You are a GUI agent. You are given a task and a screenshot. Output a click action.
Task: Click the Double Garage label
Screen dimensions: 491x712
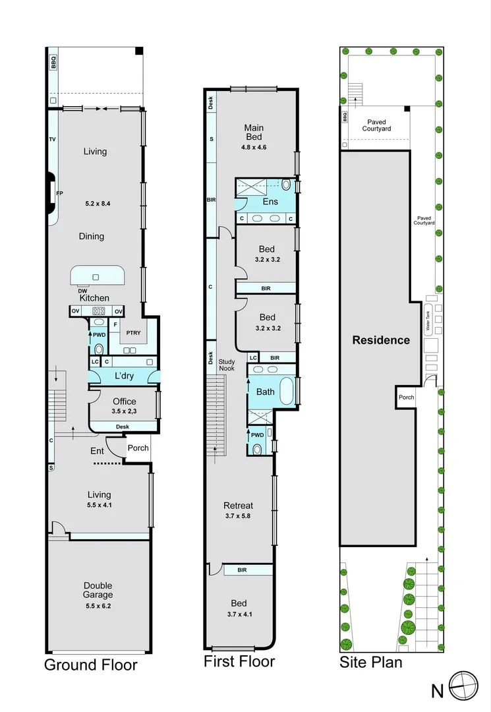coord(98,590)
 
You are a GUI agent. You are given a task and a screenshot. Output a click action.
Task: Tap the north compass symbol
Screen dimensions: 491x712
coord(463,686)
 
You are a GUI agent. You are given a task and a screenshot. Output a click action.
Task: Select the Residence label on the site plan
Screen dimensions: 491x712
coord(381,340)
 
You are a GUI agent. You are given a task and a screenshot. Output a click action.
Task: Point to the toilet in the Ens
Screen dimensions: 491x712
coord(286,185)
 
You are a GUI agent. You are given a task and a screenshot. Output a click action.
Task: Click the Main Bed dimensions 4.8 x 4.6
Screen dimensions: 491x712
coord(254,147)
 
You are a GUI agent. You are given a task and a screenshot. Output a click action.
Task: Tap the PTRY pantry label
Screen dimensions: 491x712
coord(133,333)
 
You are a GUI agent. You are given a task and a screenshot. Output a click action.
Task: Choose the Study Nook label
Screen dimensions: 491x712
coord(227,365)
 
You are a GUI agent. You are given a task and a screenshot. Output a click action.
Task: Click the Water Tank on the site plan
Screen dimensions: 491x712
coord(428,320)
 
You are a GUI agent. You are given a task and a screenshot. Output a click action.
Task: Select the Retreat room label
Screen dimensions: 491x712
coord(238,506)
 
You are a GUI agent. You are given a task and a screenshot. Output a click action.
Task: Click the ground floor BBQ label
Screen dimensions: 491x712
coord(53,62)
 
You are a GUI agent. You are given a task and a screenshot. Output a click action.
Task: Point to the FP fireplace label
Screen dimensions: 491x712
coord(59,193)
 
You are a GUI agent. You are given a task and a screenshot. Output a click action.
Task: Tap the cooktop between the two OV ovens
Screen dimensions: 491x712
coord(98,311)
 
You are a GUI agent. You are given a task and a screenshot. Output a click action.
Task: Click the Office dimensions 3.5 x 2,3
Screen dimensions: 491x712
coord(125,411)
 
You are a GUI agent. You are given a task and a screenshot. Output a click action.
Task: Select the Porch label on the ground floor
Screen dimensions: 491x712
coord(138,448)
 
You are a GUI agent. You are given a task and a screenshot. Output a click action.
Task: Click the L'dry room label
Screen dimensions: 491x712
coord(124,376)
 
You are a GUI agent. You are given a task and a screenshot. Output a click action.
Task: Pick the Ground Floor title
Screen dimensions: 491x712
coord(91,665)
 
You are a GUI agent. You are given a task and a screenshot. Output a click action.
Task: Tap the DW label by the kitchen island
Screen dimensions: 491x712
coord(82,291)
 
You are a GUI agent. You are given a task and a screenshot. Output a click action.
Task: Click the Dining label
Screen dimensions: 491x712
coord(92,236)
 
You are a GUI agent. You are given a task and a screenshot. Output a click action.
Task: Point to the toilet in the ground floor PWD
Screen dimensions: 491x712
coord(99,349)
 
